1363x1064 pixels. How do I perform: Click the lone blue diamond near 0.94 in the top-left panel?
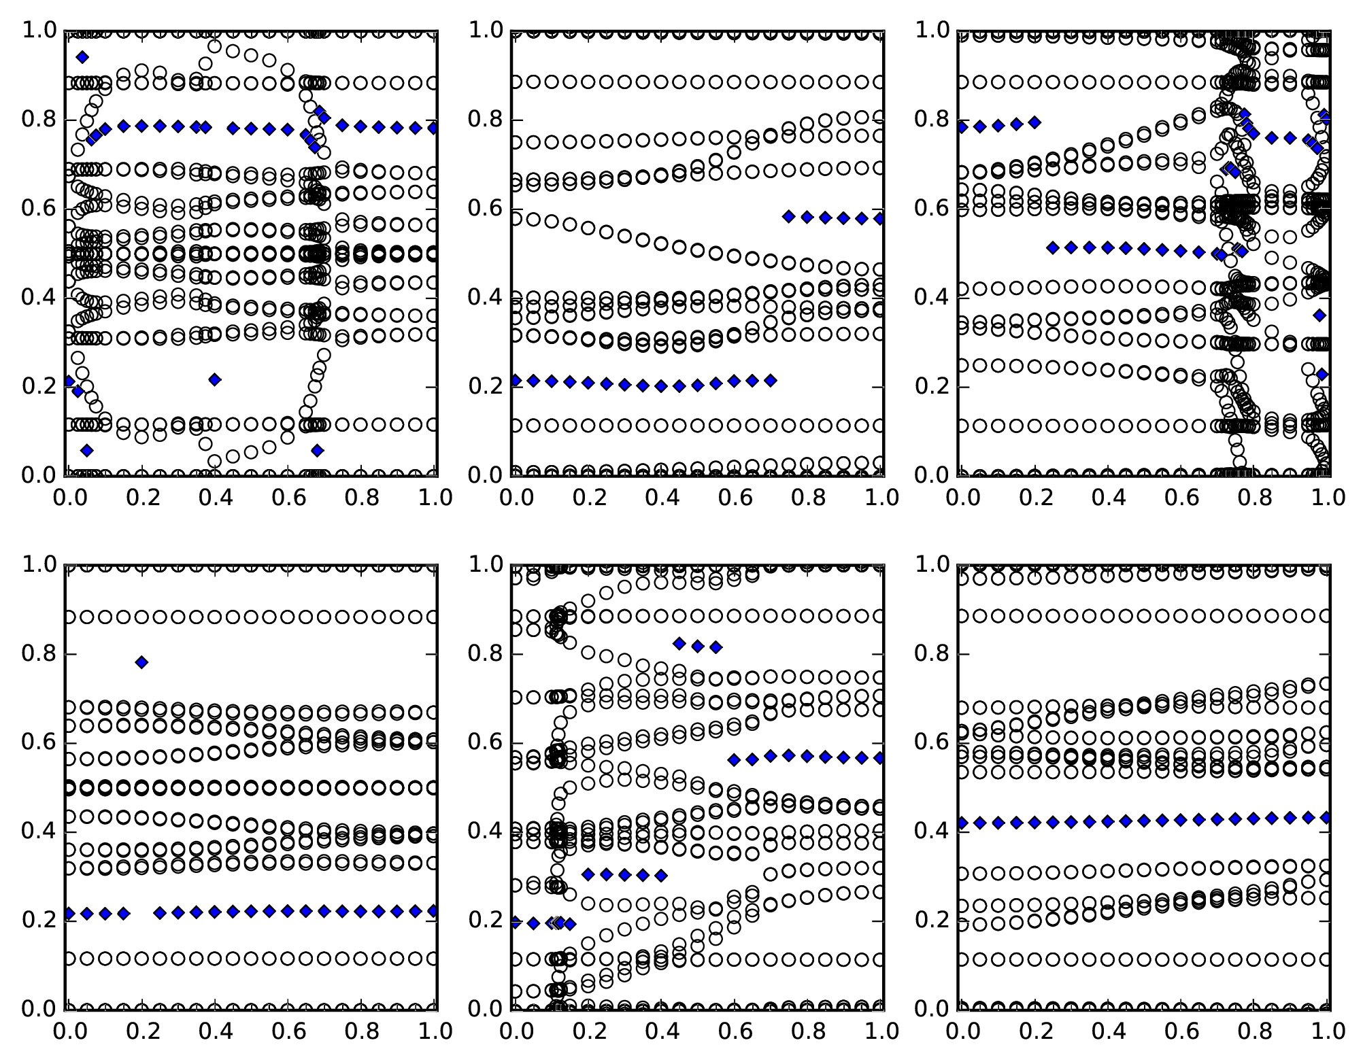83,57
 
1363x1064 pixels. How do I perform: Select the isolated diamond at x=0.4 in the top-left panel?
215,379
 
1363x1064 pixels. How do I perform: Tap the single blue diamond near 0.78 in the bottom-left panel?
141,662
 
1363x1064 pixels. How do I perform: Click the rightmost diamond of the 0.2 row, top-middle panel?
771,381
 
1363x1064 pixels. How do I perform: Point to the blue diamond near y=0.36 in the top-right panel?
1320,315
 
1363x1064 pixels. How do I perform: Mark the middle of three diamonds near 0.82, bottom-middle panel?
698,646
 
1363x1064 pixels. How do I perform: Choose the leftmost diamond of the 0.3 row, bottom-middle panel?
588,874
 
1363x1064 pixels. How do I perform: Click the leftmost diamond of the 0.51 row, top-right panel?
1054,247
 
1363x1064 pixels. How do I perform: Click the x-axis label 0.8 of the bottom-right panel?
1255,1031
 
